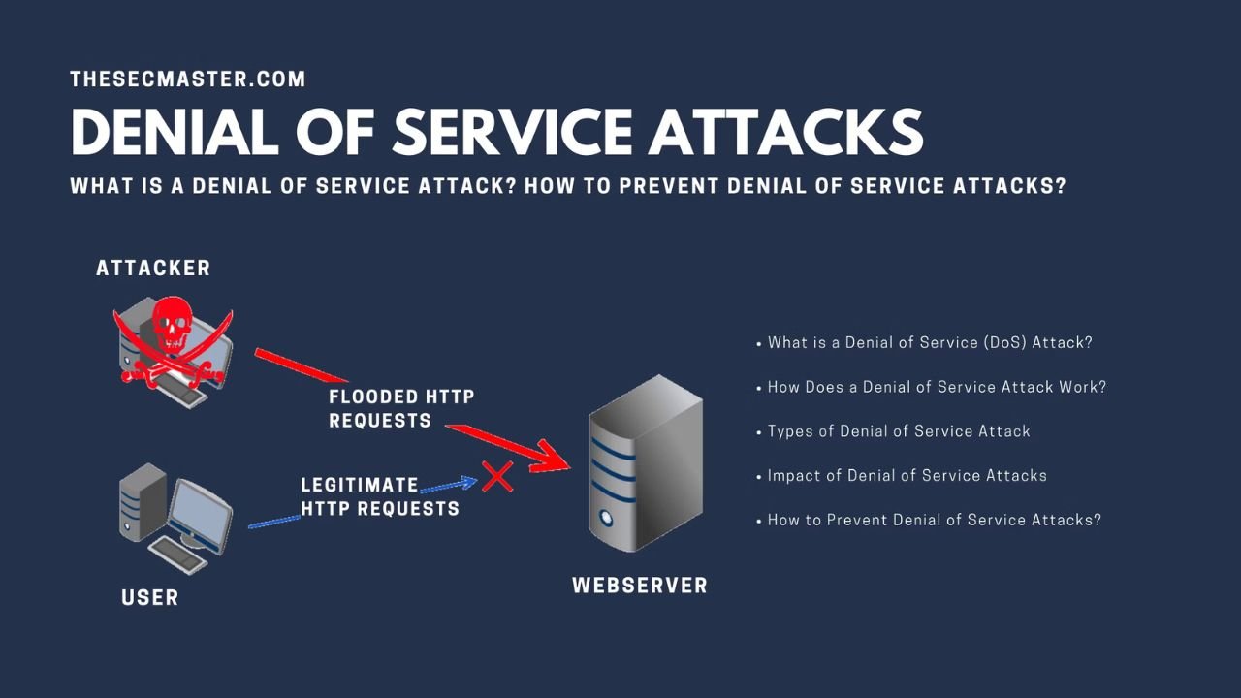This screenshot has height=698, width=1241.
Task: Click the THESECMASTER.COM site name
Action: click(x=187, y=79)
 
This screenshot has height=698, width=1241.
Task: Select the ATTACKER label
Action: click(x=153, y=269)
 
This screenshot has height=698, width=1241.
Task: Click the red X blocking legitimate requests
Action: click(x=497, y=476)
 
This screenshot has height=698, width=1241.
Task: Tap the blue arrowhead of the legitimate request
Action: click(x=469, y=482)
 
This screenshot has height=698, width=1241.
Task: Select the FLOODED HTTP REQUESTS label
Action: click(x=401, y=408)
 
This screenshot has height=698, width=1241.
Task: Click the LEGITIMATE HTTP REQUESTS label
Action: click(x=379, y=496)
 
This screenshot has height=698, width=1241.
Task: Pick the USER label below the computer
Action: click(x=150, y=597)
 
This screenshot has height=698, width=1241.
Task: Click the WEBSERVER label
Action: click(x=640, y=586)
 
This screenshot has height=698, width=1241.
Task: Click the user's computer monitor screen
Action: click(x=201, y=510)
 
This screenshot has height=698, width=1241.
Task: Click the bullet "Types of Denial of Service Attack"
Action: click(x=899, y=431)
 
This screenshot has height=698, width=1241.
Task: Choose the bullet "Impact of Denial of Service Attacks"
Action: click(x=907, y=475)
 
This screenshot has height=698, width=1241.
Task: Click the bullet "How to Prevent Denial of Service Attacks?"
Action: click(x=934, y=520)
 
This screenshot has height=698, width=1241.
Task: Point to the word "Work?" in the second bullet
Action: click(x=1083, y=387)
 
